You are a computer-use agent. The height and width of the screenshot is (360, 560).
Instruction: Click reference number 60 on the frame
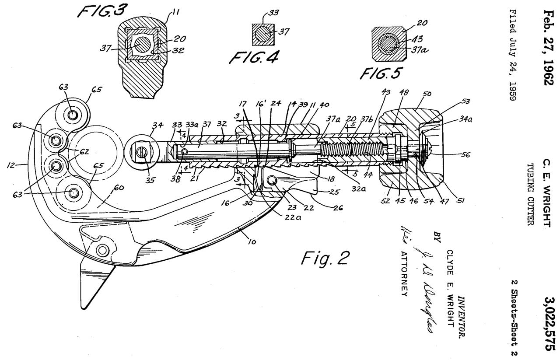click(119, 188)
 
